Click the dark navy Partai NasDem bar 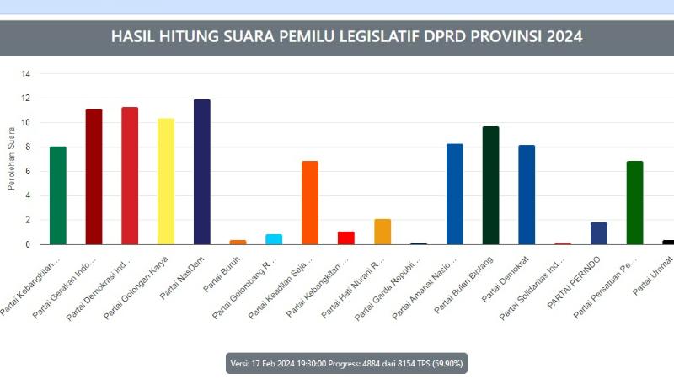coord(202,172)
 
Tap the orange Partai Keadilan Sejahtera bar coord(310,202)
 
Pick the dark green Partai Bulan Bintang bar coord(490,185)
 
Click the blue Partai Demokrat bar coord(527,195)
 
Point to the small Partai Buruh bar coord(238,242)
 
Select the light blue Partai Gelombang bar coord(274,239)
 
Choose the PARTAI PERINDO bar coord(599,233)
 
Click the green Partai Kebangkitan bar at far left coord(58,195)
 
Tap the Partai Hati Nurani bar coord(382,232)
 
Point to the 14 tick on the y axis coord(26,74)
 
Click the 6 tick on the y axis coord(28,172)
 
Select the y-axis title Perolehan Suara coord(12,159)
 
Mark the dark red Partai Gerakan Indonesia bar coord(94,177)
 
